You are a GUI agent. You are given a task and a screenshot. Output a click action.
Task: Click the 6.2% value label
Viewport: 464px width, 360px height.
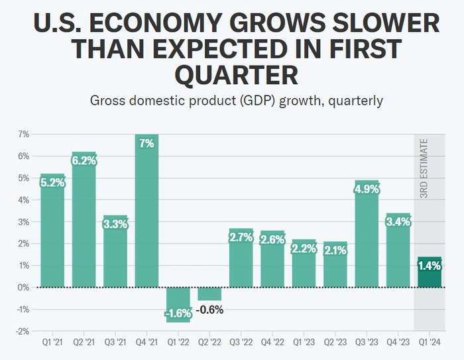[x=84, y=160]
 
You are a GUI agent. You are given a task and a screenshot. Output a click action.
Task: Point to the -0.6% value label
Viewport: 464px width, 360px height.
[x=209, y=309]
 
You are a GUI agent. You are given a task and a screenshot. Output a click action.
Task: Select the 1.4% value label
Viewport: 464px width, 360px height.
[x=430, y=265]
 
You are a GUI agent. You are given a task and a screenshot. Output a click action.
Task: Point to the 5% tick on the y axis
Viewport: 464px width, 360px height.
[x=24, y=178]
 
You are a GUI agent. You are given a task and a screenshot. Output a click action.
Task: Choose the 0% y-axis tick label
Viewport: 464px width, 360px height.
[x=24, y=287]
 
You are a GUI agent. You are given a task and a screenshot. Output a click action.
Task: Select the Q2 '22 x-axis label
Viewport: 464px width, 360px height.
[x=209, y=344]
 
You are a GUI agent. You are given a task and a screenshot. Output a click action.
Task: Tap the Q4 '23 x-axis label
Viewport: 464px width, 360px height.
[x=398, y=344]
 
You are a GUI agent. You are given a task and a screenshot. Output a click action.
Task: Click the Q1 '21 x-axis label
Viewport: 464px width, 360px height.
[x=52, y=344]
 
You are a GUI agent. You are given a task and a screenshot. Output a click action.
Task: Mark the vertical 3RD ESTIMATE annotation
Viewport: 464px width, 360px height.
[x=424, y=168]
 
